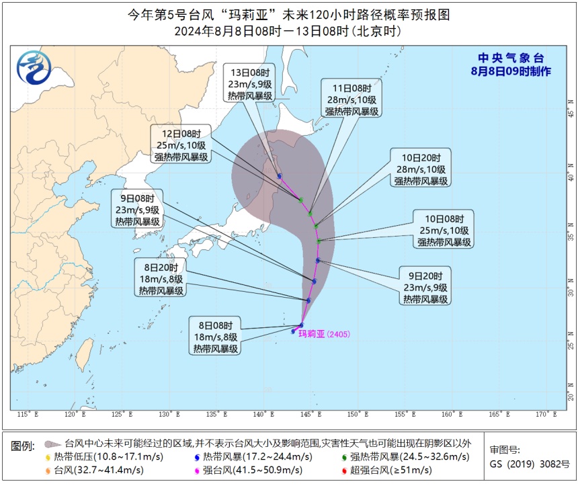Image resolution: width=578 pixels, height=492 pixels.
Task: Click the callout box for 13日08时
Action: [251, 84]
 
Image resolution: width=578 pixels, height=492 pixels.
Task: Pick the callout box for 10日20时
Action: [422, 168]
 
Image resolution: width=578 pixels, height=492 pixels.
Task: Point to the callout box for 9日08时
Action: [137, 210]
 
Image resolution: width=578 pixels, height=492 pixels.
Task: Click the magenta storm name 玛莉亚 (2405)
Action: [324, 333]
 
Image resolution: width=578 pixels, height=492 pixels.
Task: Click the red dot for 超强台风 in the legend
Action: [344, 470]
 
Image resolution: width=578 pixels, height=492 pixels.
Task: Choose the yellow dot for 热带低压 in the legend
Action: [48, 457]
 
